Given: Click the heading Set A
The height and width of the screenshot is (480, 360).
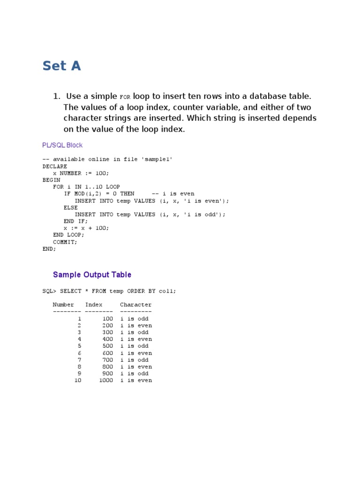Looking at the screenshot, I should [61, 66].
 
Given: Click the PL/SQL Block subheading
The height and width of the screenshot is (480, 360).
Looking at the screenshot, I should [62, 145].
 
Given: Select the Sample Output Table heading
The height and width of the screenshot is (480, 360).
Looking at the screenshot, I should [92, 275].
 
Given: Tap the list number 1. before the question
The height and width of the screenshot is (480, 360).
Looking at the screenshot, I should [57, 97].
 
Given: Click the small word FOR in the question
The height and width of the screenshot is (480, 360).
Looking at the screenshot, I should [125, 97].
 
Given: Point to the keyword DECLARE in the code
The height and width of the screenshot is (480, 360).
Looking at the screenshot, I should [55, 166].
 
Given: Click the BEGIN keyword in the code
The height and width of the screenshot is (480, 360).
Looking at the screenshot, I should [51, 180].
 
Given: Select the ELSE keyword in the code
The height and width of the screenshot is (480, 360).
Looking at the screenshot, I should [71, 208].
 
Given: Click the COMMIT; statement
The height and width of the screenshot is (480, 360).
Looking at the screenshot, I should [65, 242].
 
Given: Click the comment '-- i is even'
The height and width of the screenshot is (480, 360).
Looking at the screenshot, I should [172, 194].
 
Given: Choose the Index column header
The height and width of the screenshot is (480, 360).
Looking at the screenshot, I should [94, 305].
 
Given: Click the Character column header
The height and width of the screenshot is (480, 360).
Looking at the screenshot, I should [136, 305].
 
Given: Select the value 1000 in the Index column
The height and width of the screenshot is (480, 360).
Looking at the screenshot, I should [106, 381].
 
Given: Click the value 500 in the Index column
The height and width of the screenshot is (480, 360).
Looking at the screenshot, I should [108, 346].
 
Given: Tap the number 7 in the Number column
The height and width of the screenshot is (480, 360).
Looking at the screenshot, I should [80, 360].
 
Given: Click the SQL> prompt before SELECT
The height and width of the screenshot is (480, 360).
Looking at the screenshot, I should [49, 291].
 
